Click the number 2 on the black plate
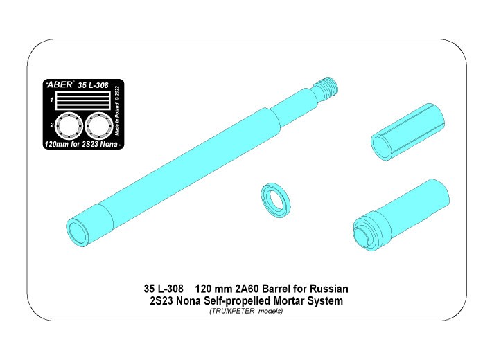coord(51,125)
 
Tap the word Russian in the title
coord(330,288)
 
